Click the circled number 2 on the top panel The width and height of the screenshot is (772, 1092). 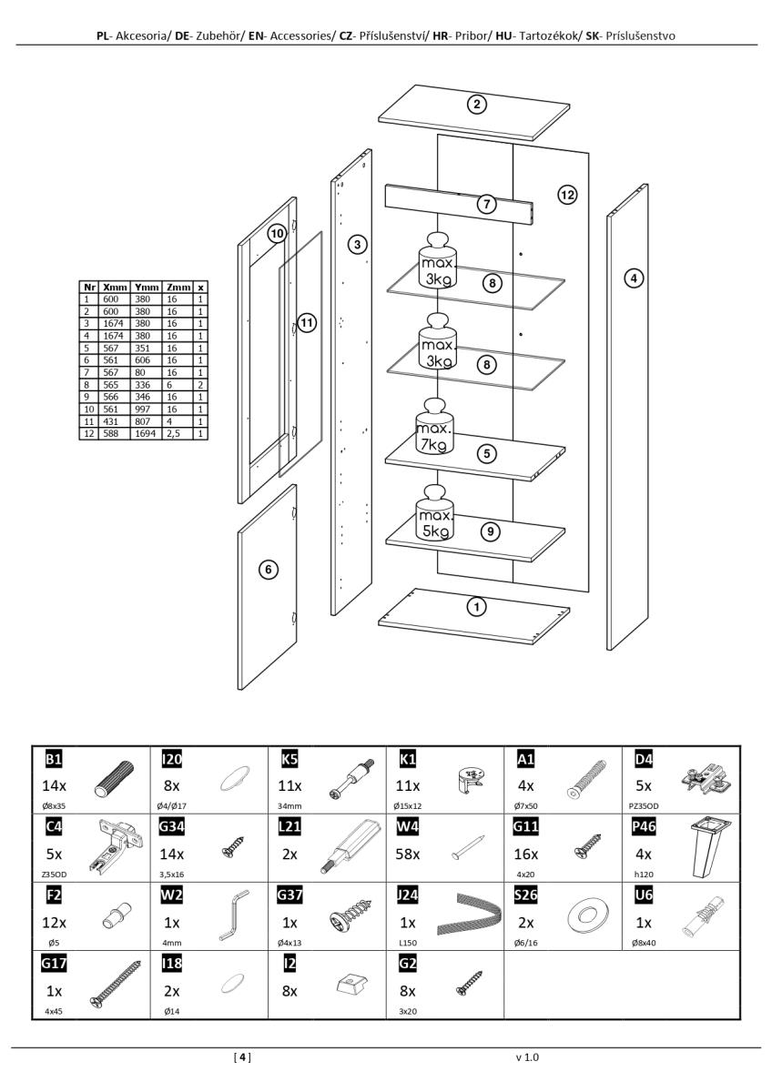(476, 104)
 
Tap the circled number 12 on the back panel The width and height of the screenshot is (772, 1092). (567, 194)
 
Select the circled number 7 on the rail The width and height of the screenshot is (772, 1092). (488, 204)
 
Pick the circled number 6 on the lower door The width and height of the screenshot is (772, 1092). (268, 570)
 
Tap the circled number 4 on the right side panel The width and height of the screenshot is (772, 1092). (634, 278)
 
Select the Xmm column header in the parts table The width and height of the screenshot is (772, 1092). (115, 288)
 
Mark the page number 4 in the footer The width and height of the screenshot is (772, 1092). (242, 1057)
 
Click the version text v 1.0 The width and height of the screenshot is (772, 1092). (527, 1057)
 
